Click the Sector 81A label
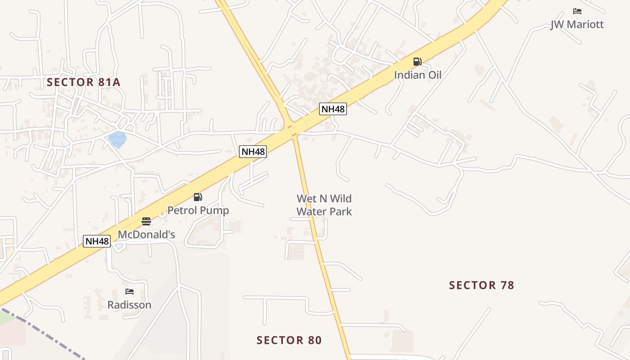(x=84, y=82)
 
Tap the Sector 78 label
(x=481, y=285)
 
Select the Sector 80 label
(x=289, y=340)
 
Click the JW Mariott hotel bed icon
(x=577, y=11)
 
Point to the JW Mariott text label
(x=577, y=24)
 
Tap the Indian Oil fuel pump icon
(x=418, y=62)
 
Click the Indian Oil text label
(x=418, y=75)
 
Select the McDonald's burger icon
(x=146, y=221)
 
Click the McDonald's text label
(x=146, y=234)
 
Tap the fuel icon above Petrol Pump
(x=198, y=197)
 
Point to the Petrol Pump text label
(x=198, y=210)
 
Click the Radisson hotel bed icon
(x=130, y=292)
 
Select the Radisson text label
(x=129, y=305)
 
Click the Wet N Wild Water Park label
(x=324, y=205)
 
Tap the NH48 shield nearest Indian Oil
(x=333, y=108)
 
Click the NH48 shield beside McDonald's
(x=97, y=241)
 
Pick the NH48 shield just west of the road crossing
(x=253, y=152)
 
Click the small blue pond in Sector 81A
(x=117, y=139)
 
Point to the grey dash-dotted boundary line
(x=45, y=333)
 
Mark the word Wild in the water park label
(x=340, y=198)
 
